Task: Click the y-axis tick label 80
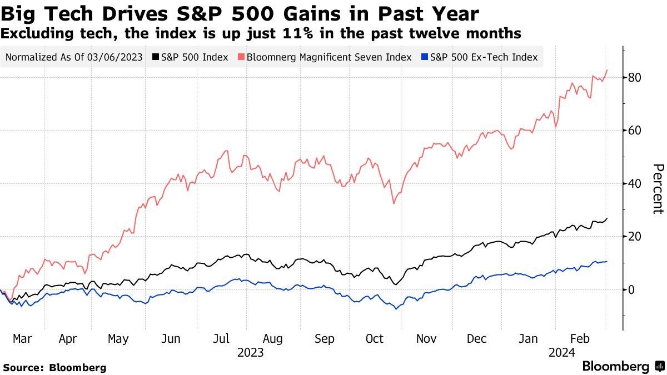pos(635,77)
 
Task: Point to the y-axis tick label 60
pos(635,131)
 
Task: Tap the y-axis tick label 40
pos(635,183)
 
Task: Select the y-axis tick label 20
pos(635,237)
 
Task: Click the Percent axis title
pos(658,189)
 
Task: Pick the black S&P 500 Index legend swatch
pos(156,57)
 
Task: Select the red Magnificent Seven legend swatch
pos(241,57)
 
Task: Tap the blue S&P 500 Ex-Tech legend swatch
pos(425,57)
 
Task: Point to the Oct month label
pos(374,338)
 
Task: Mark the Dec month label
pos(477,338)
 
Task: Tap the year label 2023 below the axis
pos(250,353)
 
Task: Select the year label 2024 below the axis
pos(561,353)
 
